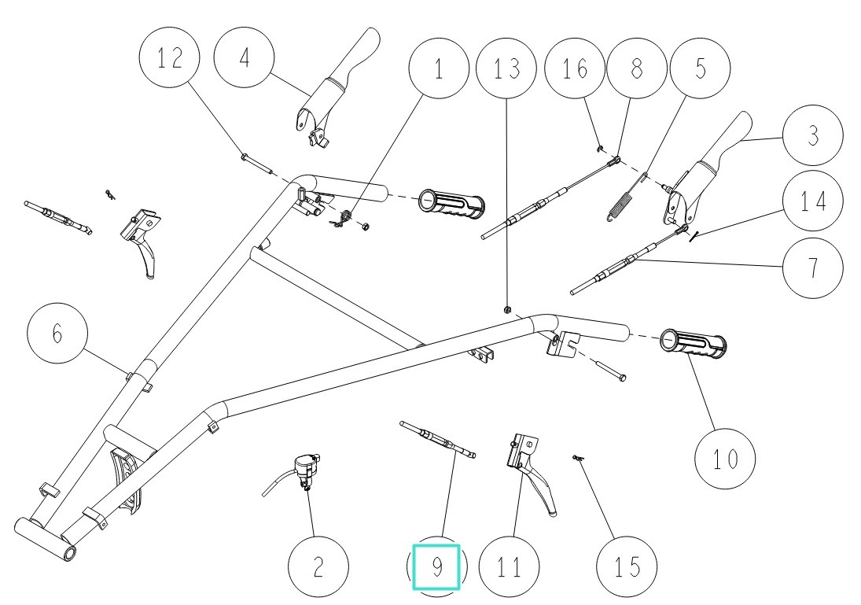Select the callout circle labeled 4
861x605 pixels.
point(246,60)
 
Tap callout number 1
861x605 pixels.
point(439,69)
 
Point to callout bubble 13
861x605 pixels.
point(507,69)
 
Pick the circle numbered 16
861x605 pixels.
point(576,69)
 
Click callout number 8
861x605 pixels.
point(636,69)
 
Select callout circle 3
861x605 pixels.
point(812,137)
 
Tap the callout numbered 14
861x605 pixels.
point(812,202)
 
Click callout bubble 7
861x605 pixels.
point(812,267)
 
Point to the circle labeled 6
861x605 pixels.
point(57,334)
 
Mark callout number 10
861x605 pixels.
point(726,459)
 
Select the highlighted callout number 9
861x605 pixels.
point(436,566)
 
